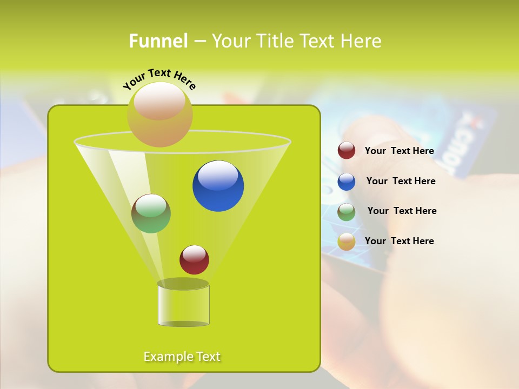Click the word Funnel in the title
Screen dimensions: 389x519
[158, 41]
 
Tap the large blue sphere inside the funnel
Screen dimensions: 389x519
[218, 186]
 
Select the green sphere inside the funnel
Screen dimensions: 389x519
[151, 213]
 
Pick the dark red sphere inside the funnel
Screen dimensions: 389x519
[194, 259]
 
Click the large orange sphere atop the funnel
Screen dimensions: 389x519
[159, 114]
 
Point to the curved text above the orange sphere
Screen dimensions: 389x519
[159, 78]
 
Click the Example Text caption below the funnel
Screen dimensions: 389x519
[182, 357]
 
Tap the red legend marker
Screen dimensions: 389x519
[347, 151]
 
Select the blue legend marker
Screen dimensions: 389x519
[347, 182]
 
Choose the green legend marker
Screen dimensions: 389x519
[347, 212]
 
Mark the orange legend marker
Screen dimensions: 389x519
[347, 242]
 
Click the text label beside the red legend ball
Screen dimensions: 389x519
[399, 151]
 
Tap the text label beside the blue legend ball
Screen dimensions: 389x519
[401, 181]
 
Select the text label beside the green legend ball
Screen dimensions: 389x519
[402, 211]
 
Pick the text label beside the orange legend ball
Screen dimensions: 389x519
[399, 241]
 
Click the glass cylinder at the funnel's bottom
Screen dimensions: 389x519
[183, 305]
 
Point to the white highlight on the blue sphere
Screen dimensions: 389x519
[218, 176]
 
